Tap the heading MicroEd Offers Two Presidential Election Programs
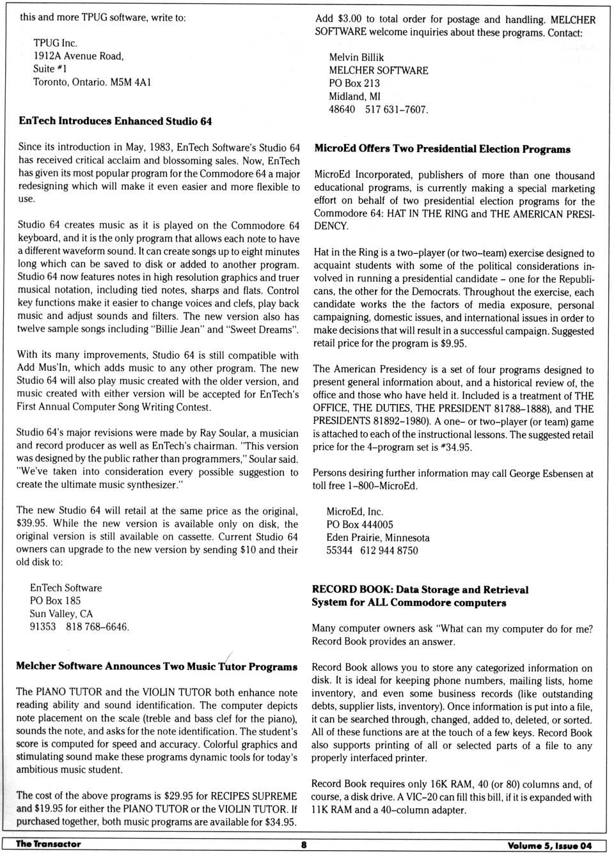[442, 149]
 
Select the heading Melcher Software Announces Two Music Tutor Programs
[157, 666]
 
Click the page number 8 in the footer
[304, 844]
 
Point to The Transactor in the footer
[49, 844]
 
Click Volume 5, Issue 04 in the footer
[549, 845]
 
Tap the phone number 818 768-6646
[97, 626]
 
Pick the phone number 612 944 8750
[389, 550]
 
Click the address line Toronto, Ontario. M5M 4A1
[92, 82]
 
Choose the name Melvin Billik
[356, 58]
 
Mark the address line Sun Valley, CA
[61, 614]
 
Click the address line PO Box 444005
[359, 525]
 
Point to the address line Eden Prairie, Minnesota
[378, 538]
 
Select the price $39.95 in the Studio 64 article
[30, 524]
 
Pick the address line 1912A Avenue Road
[79, 56]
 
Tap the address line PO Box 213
[354, 83]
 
